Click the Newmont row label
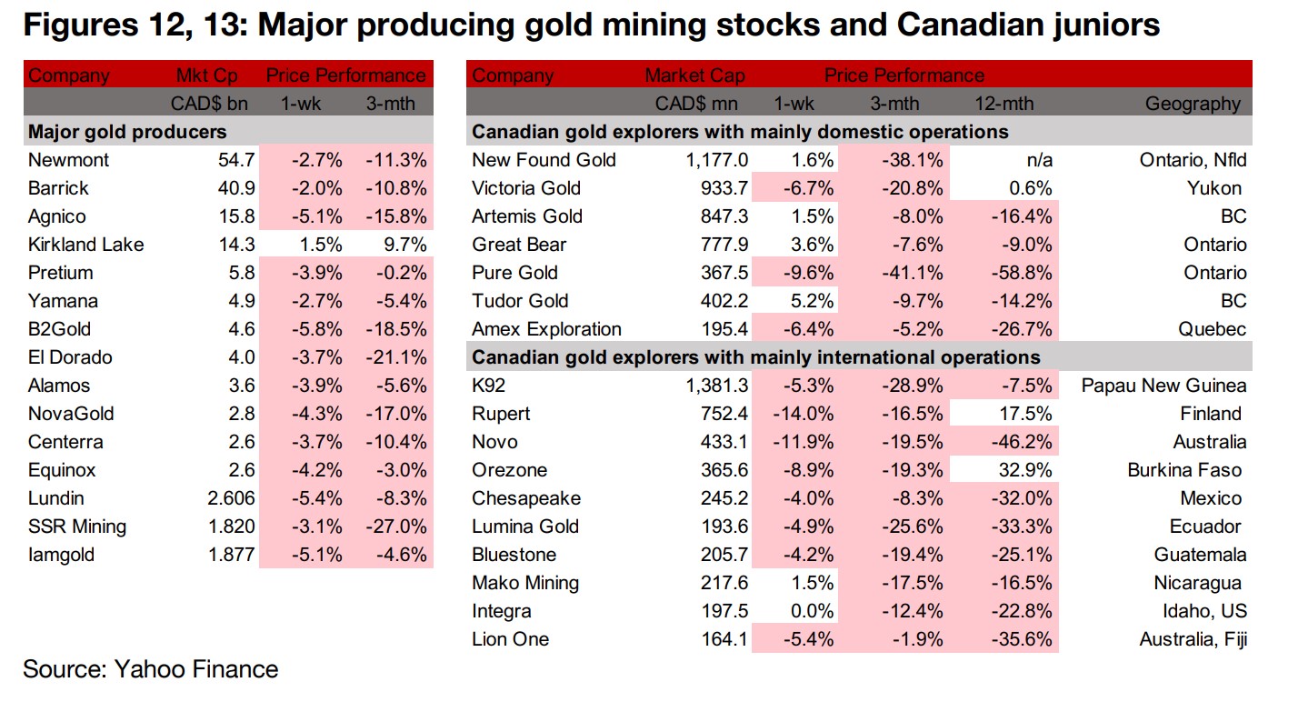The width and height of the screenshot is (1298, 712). [x=69, y=160]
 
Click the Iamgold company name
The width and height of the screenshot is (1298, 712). [x=61, y=555]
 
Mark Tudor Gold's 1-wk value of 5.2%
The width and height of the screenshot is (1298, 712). [x=813, y=301]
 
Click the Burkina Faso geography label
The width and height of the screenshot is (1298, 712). [x=1184, y=470]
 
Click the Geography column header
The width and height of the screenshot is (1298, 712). [x=1193, y=104]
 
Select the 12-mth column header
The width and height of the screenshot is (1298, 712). [x=1003, y=104]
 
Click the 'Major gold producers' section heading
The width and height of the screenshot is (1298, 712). [x=128, y=132]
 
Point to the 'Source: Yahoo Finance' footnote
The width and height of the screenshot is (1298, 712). [x=151, y=670]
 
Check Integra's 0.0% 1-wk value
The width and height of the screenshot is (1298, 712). [x=813, y=611]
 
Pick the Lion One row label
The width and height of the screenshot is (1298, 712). [x=511, y=639]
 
